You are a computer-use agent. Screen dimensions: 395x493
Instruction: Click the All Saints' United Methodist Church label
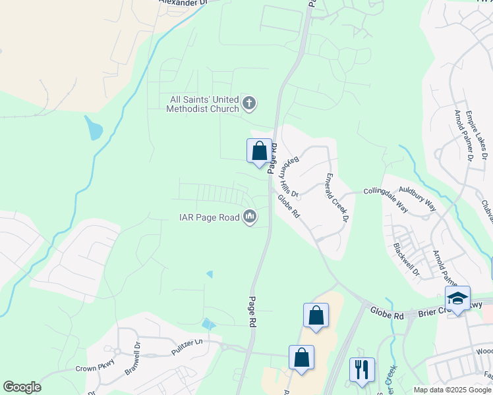tap(204, 104)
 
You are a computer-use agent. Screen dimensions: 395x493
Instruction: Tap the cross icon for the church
tap(249, 103)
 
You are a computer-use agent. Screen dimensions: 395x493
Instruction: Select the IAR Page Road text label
tap(210, 217)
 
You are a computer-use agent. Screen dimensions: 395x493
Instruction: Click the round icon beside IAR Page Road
tap(250, 216)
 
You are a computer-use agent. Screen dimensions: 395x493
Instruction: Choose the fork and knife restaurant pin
tap(361, 369)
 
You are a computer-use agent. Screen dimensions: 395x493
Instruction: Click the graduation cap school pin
tap(457, 298)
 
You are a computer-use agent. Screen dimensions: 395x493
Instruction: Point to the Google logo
tap(22, 387)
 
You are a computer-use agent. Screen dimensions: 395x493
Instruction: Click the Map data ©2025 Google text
tap(453, 390)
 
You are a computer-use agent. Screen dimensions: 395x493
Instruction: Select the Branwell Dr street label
tap(132, 358)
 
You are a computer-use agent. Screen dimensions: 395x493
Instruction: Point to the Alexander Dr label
tap(183, 3)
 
